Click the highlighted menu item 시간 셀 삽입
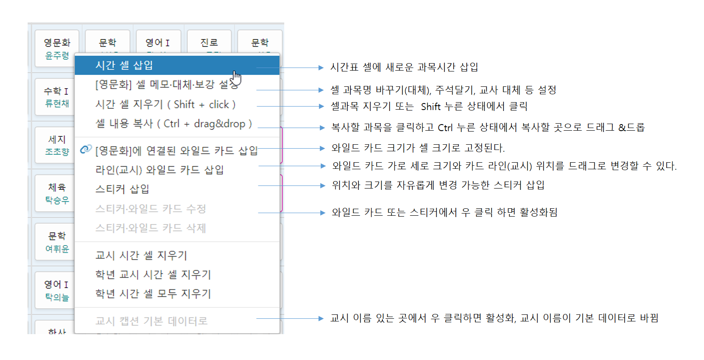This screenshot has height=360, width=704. click(124, 65)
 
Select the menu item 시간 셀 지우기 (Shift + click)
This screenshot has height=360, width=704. click(165, 104)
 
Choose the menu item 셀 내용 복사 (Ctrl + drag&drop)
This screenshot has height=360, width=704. click(174, 124)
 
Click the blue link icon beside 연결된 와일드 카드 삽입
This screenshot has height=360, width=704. click(86, 149)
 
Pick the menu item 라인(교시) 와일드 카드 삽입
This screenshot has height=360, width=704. click(159, 170)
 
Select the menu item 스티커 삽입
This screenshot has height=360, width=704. click(122, 189)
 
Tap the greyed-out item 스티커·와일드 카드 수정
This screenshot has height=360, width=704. click(150, 209)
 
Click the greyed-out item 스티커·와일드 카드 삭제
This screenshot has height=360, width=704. click(150, 228)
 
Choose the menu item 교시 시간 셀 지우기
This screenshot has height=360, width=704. click(141, 255)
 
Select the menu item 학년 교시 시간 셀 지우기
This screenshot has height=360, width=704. click(153, 274)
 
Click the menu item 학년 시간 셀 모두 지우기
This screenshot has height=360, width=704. click(153, 294)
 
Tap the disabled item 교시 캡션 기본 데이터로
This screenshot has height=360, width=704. click(151, 321)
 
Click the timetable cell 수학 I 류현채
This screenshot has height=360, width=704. click(57, 97)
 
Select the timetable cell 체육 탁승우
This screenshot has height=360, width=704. click(57, 193)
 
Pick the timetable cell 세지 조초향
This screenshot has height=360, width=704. click(57, 145)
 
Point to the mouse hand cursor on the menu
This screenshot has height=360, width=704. click(236, 78)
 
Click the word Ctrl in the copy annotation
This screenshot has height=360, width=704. click(445, 128)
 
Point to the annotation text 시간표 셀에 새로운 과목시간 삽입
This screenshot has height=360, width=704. click(404, 67)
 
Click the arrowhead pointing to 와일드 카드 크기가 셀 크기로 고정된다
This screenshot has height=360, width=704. click(322, 148)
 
